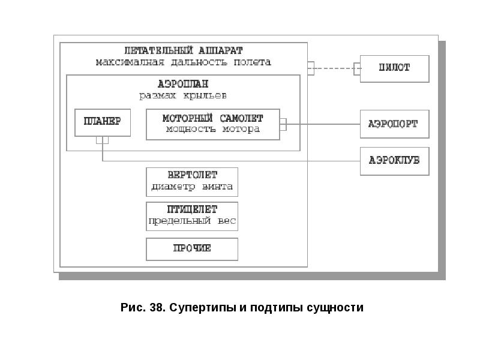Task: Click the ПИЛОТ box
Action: (394, 69)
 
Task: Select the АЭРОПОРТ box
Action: (394, 124)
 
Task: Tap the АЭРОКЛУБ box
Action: (394, 161)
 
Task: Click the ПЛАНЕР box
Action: (103, 122)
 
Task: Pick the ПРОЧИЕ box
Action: (192, 249)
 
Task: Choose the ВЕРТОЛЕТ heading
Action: (192, 175)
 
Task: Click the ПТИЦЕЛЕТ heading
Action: (192, 209)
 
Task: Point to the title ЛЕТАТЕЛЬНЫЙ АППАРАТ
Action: (184, 50)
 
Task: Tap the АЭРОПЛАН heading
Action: (183, 83)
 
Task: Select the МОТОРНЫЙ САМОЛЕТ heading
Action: (213, 118)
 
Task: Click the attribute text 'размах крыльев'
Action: (183, 95)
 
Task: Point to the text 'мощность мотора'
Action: (213, 129)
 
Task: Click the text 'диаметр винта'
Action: (192, 187)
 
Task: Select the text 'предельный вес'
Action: (192, 221)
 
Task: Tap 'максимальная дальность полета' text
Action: (184, 62)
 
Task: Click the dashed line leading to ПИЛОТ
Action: (334, 68)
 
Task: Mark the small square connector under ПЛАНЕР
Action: (102, 140)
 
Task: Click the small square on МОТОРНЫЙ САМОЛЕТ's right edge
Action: (283, 124)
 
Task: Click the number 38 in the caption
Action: (157, 307)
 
